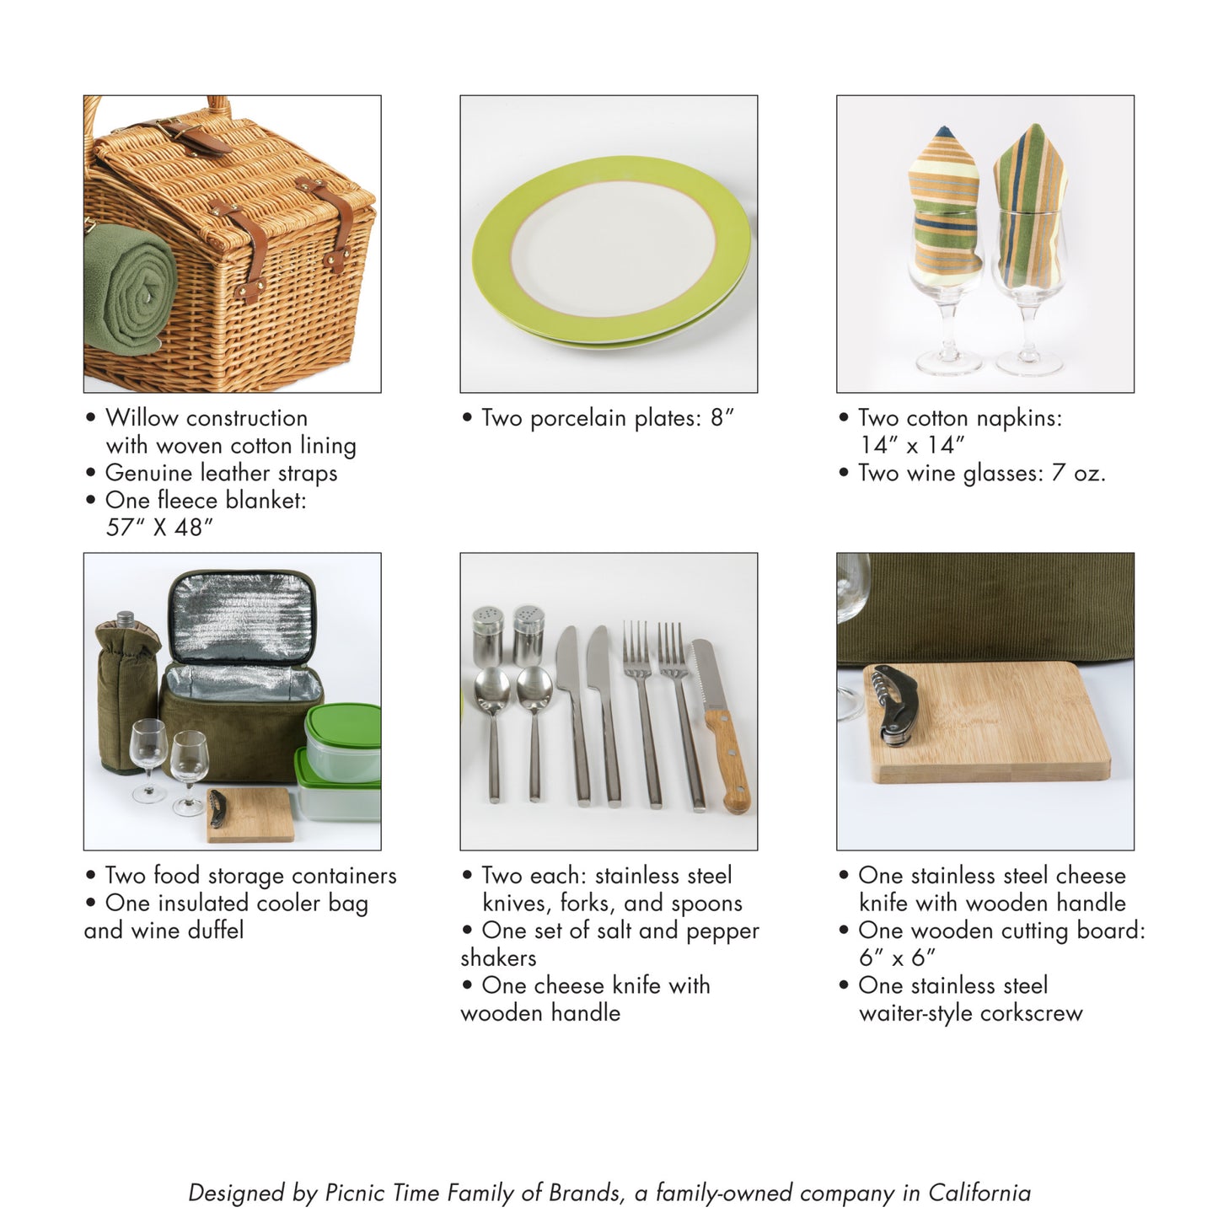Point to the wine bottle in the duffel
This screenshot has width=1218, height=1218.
tap(126, 691)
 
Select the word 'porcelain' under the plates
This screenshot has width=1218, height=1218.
tap(579, 418)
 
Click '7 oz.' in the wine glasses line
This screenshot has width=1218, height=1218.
tap(1078, 473)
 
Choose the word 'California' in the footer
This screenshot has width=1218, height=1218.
tap(979, 1193)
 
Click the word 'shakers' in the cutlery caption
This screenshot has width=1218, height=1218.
tap(498, 958)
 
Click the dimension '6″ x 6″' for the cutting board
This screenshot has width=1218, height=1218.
tap(897, 958)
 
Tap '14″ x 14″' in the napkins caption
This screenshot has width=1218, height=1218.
tap(912, 445)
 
